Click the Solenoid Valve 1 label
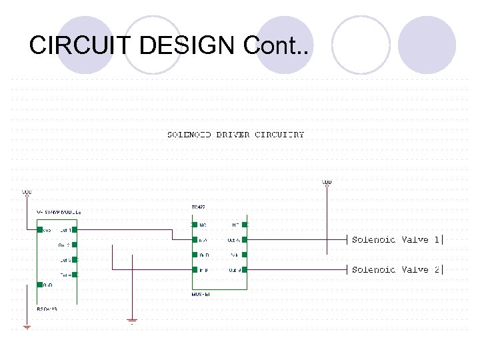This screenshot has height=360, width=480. coord(395,239)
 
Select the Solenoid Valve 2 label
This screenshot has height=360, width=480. coord(395,269)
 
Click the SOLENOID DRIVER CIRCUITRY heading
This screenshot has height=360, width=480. coord(235,135)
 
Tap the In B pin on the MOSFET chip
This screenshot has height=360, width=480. coord(194,269)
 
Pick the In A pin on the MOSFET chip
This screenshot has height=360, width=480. coord(194,239)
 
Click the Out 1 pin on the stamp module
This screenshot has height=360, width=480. coord(74,230)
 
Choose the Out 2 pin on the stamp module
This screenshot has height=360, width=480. coord(74,245)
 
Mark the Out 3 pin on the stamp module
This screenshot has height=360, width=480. coord(74,260)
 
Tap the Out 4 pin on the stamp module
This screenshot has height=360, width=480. coord(74,275)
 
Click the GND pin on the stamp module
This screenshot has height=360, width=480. coord(39,285)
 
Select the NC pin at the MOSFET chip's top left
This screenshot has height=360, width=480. coord(194,225)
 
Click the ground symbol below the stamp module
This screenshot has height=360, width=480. coord(27,326)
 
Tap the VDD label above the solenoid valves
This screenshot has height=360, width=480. coord(327,181)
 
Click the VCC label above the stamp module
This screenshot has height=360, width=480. coord(27,193)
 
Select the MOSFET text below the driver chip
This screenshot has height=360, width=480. coord(201,294)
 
